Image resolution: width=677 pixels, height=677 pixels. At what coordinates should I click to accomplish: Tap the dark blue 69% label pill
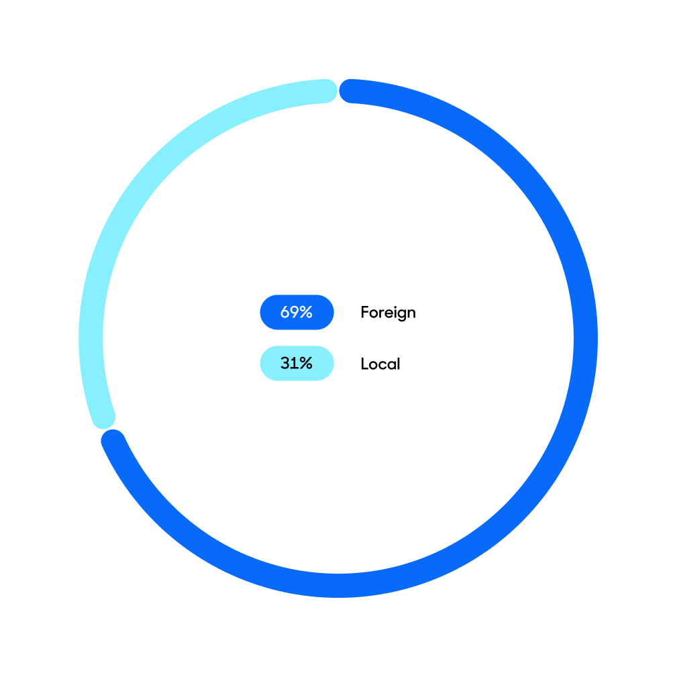click(297, 312)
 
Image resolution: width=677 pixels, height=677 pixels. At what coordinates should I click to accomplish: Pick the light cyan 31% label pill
click(297, 363)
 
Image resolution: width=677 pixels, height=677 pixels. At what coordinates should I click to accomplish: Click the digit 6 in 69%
click(284, 312)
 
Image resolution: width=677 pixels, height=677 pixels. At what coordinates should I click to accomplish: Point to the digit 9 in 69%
click(293, 312)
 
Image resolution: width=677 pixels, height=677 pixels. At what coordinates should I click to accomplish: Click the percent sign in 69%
click(305, 312)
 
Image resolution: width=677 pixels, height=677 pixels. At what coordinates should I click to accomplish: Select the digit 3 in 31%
click(284, 363)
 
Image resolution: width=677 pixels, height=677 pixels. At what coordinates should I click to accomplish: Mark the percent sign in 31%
click(305, 363)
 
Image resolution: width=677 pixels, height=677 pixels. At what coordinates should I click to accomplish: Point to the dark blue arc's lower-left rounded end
click(113, 441)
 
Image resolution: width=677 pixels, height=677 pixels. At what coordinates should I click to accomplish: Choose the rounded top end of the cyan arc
click(326, 91)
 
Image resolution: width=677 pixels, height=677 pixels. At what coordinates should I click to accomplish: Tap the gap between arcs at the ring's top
click(338, 91)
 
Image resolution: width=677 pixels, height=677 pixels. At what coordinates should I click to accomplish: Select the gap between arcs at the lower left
click(108, 429)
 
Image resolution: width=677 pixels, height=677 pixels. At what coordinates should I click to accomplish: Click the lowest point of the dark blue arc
click(338, 585)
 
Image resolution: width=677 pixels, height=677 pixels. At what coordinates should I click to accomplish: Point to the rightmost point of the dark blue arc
click(585, 338)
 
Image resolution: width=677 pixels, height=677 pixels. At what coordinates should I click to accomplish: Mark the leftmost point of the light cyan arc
click(91, 338)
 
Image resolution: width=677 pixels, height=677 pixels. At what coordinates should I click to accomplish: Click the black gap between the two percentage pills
click(297, 337)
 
